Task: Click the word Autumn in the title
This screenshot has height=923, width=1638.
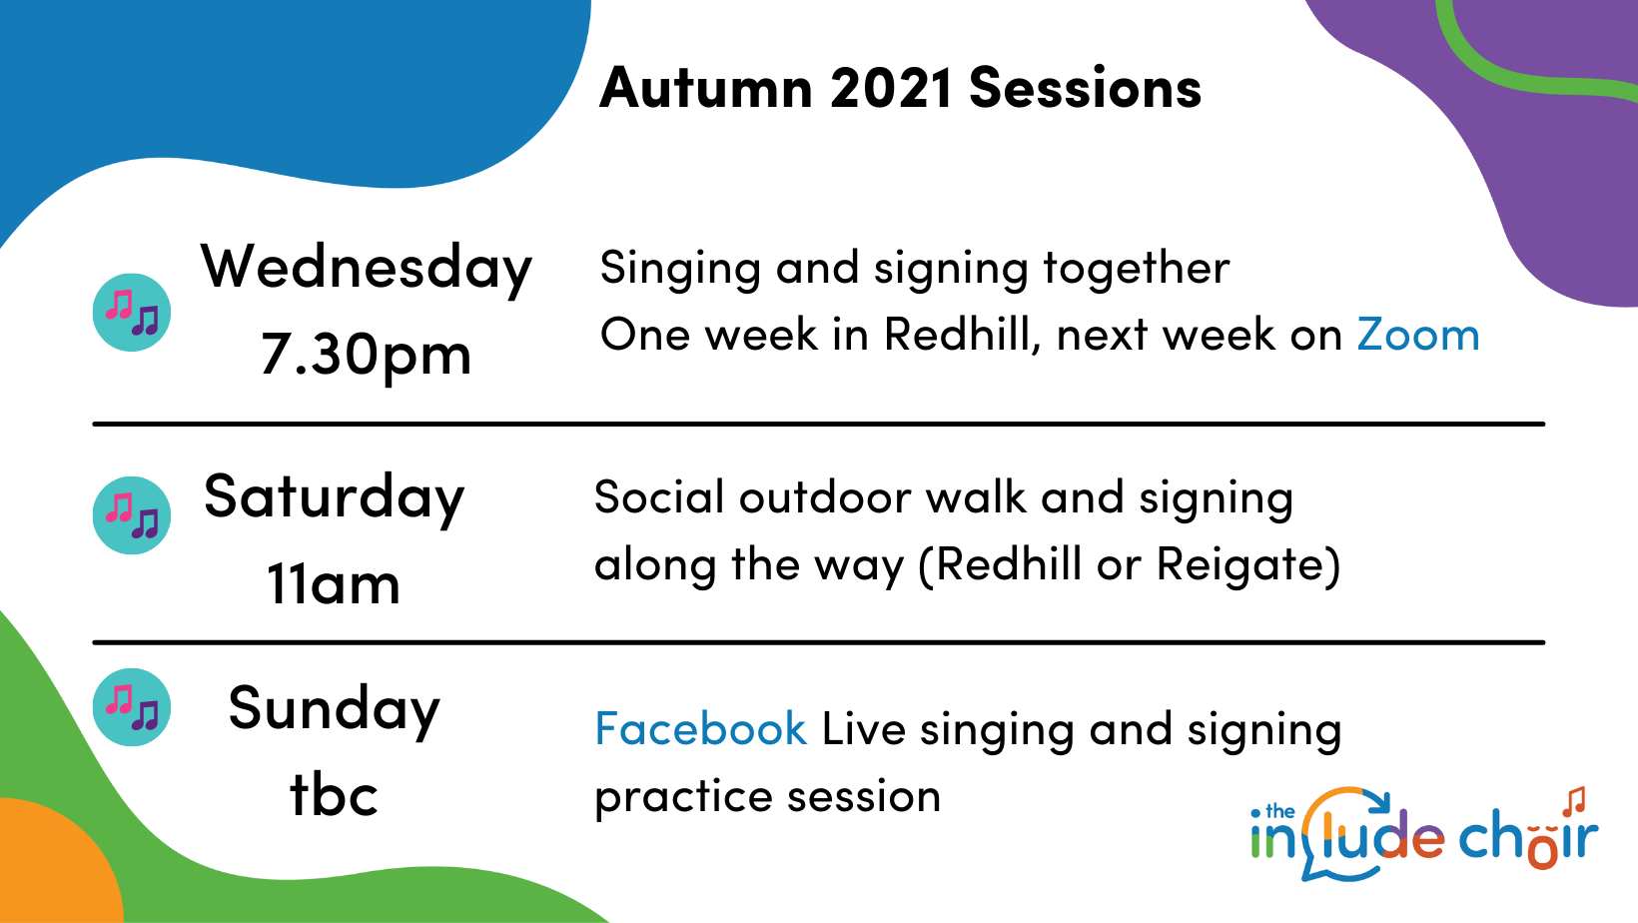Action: (706, 88)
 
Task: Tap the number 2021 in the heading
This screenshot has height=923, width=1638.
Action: (891, 88)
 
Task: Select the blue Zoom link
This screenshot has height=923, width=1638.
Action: (1418, 335)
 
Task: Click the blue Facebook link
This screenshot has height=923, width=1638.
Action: (700, 728)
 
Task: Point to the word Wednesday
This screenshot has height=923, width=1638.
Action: (367, 269)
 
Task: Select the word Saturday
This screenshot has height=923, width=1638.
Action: (335, 498)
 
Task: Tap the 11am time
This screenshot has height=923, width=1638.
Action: (334, 584)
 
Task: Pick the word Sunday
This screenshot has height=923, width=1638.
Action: (335, 709)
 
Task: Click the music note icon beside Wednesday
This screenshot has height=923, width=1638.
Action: (132, 313)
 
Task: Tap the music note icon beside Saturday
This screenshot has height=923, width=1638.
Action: (132, 514)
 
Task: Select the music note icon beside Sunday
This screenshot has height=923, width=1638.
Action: (132, 706)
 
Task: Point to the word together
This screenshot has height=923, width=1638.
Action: (1137, 269)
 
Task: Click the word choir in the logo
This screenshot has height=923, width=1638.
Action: (1528, 838)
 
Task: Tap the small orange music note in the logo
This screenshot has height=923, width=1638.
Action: (1574, 801)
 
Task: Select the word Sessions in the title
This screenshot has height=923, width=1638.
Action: (1085, 88)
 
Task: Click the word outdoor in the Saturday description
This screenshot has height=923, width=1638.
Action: (824, 497)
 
